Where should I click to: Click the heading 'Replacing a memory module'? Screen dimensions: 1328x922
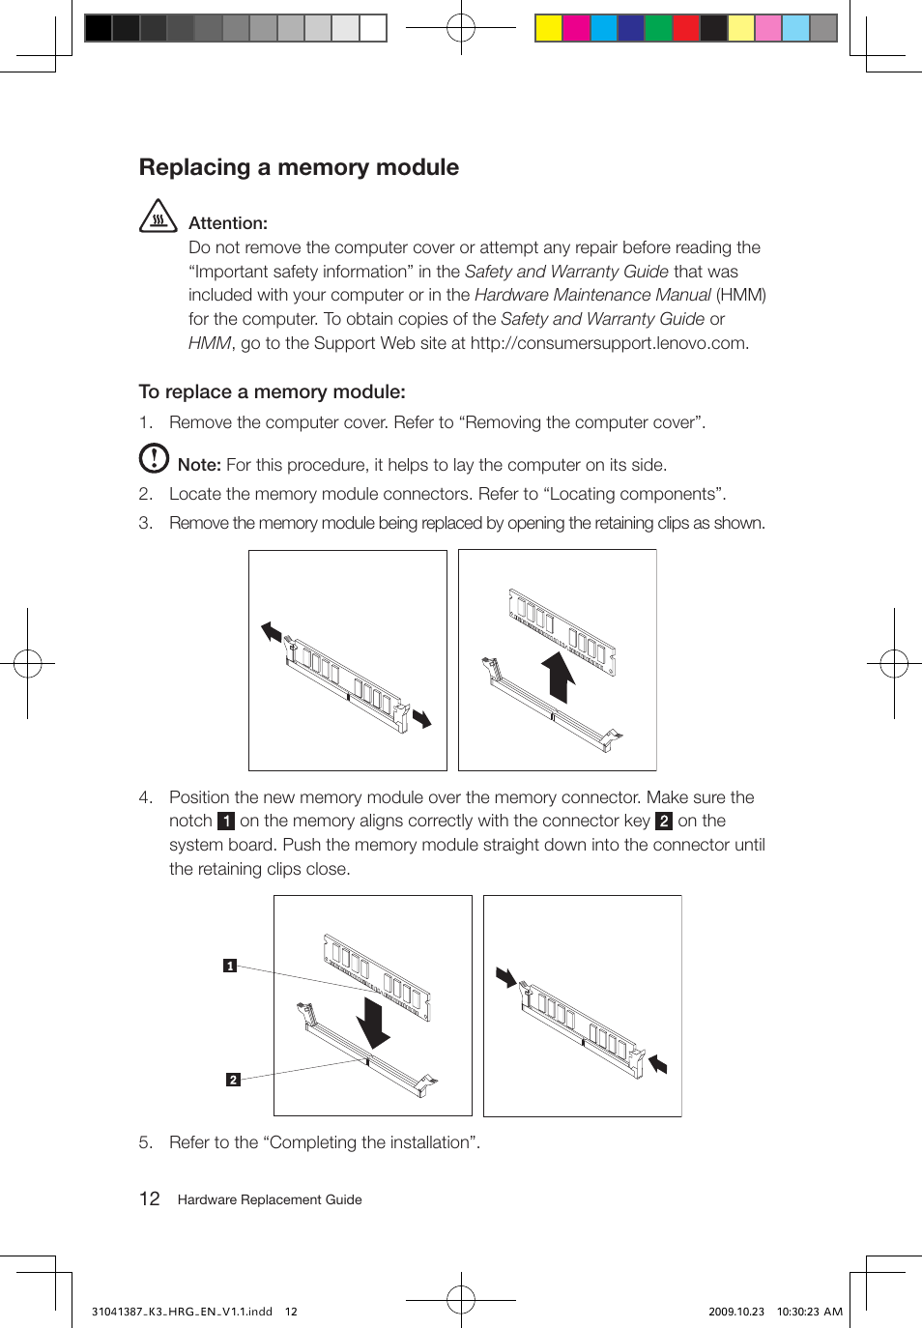pyautogui.click(x=299, y=167)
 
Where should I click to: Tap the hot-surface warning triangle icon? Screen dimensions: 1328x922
pyautogui.click(x=158, y=217)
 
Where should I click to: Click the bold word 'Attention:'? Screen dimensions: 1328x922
pyautogui.click(x=227, y=223)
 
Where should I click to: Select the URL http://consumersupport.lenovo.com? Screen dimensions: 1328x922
pyautogui.click(x=608, y=343)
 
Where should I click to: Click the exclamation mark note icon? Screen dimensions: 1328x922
pyautogui.click(x=154, y=458)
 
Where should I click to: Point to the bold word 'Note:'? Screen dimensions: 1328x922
pyautogui.click(x=199, y=465)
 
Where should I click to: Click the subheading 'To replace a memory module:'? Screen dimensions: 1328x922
pyautogui.click(x=272, y=391)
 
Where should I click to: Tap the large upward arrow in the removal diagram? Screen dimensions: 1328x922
pyautogui.click(x=558, y=675)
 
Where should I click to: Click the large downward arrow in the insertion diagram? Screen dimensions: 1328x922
pyautogui.click(x=372, y=1023)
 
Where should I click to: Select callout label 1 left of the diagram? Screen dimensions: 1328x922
pyautogui.click(x=230, y=966)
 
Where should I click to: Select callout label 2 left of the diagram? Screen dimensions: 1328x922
pyautogui.click(x=233, y=1080)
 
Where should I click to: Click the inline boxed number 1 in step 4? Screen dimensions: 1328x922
pyautogui.click(x=226, y=822)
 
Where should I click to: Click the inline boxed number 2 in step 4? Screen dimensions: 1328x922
pyautogui.click(x=663, y=822)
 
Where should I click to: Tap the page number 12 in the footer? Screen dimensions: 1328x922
pyautogui.click(x=150, y=1199)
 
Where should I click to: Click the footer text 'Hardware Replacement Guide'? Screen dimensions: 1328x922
pyautogui.click(x=270, y=1200)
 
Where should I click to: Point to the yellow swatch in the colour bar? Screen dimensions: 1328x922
pyautogui.click(x=549, y=28)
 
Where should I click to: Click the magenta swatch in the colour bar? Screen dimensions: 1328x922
pyautogui.click(x=576, y=28)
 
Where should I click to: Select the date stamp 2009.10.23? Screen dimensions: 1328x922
pyautogui.click(x=735, y=1312)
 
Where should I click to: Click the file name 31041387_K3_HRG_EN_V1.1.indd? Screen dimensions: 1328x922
pyautogui.click(x=182, y=1312)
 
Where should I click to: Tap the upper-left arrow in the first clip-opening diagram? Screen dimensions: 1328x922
pyautogui.click(x=272, y=633)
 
